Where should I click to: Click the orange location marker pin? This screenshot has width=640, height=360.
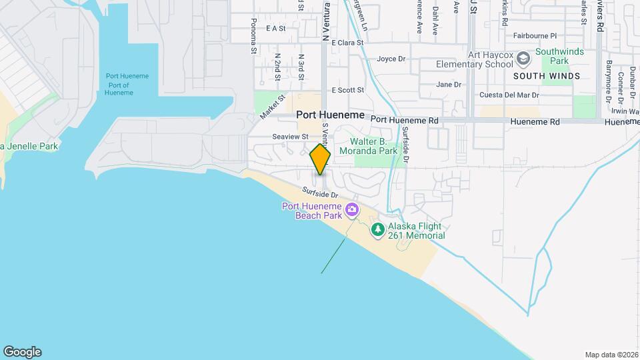[320, 159]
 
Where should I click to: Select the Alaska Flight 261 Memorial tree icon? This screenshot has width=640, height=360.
[378, 230]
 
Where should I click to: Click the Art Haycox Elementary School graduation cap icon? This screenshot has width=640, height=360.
[524, 59]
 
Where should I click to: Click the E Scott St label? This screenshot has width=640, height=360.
[348, 90]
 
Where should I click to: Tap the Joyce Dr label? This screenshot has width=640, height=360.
[391, 59]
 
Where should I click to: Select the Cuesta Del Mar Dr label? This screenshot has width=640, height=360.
[509, 95]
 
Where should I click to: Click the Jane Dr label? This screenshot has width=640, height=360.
[448, 85]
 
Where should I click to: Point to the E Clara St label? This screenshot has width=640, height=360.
[347, 42]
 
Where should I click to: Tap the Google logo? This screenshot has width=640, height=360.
[22, 352]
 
